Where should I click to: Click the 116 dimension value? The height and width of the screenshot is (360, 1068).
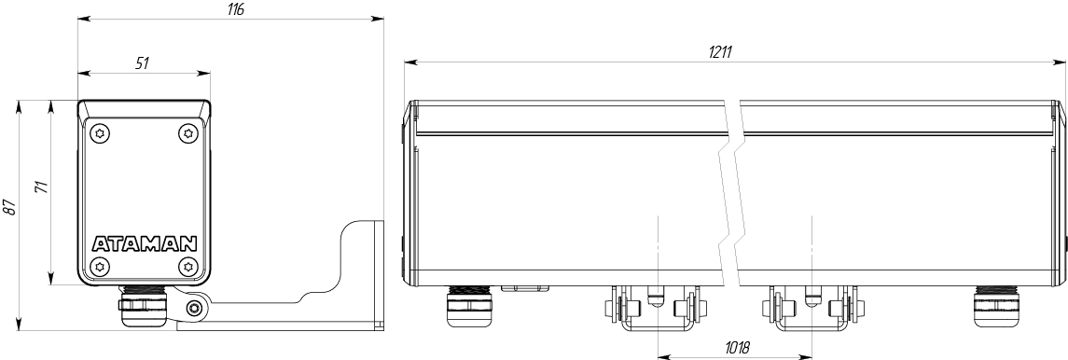point(236,9)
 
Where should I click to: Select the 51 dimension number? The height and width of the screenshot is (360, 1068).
point(142,63)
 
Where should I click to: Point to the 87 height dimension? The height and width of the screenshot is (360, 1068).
point(8,209)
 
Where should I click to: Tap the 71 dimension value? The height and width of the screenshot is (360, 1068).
point(41,188)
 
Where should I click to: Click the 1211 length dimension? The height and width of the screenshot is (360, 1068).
point(720,52)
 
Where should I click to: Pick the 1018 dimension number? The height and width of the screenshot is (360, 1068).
point(736,348)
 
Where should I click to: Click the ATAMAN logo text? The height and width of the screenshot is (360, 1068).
point(145,243)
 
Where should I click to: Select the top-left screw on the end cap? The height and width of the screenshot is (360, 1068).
point(101,134)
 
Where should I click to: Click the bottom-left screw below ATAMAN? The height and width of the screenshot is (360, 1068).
point(101,266)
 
